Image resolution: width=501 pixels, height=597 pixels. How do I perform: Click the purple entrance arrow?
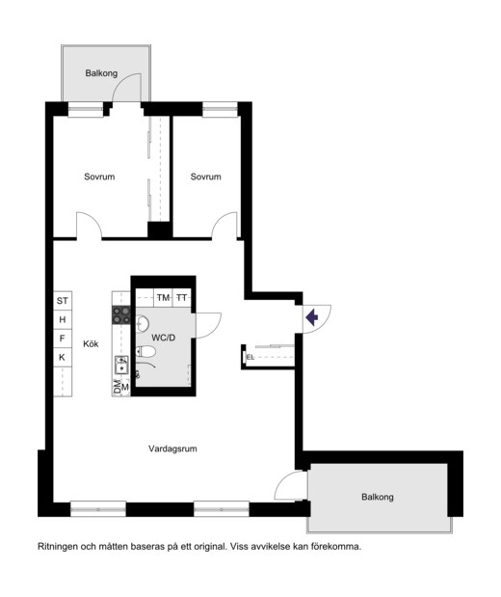[312, 317]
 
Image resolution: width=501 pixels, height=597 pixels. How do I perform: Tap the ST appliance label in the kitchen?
[63, 301]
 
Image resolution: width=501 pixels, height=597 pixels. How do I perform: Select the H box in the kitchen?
[63, 319]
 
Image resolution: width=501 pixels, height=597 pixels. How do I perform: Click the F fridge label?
[63, 339]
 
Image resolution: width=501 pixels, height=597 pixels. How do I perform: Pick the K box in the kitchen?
[62, 357]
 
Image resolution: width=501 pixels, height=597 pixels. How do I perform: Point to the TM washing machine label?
[163, 298]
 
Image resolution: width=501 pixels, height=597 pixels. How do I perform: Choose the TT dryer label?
[182, 298]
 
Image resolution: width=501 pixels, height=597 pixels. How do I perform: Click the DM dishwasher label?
[118, 387]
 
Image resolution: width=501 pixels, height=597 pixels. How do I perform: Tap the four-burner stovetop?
[121, 315]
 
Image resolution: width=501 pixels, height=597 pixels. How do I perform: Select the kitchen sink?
[121, 365]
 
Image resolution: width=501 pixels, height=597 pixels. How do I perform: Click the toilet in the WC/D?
[146, 351]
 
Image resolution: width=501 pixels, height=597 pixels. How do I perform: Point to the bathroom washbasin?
[143, 324]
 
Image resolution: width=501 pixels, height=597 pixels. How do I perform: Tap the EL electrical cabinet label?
[250, 358]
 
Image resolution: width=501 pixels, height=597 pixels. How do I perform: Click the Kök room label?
[91, 343]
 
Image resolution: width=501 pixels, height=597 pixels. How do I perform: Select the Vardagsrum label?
[172, 448]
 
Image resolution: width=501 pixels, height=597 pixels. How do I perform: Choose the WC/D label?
[164, 338]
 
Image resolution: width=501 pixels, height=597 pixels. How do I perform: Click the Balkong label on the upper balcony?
[101, 73]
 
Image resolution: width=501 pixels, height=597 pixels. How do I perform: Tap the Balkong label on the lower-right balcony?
[378, 497]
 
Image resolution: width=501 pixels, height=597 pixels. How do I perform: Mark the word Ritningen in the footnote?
[57, 547]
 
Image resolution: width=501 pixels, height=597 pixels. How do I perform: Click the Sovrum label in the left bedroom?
[99, 176]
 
